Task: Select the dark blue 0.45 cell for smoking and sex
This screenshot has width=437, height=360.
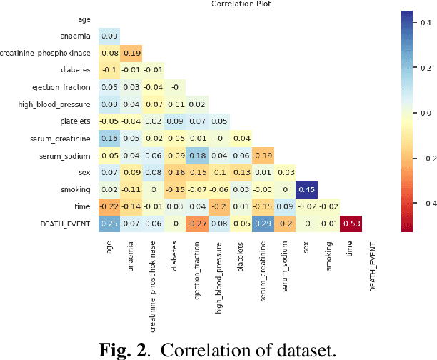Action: coord(306,190)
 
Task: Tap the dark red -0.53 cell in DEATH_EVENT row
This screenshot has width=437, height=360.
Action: coord(351,224)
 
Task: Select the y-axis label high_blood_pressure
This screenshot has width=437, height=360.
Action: coord(59,104)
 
